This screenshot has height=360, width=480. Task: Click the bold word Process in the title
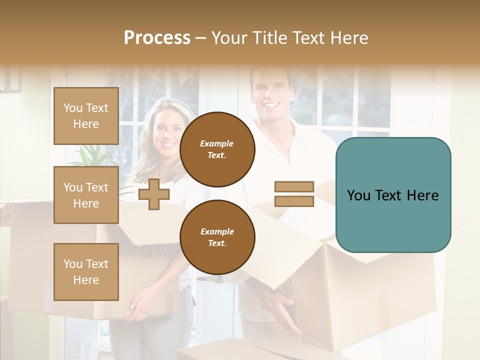point(157,38)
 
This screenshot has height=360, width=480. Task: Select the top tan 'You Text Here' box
point(86,116)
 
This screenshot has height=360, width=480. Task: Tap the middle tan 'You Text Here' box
point(86,195)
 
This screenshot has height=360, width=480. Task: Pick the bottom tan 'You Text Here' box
point(86,272)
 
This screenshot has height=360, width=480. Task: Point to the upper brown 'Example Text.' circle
point(217,149)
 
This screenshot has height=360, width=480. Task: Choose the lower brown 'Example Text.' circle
point(217,237)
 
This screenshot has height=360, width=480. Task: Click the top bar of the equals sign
point(294,187)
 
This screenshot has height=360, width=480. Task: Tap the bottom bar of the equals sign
point(294,201)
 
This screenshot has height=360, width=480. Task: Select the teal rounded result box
point(393,194)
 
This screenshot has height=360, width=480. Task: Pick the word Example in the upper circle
point(217,143)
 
